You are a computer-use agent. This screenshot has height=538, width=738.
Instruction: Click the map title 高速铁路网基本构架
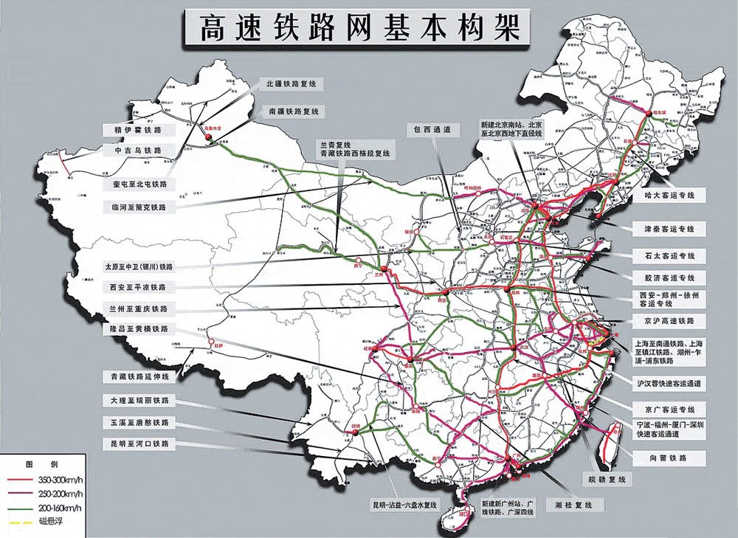(x=353, y=27)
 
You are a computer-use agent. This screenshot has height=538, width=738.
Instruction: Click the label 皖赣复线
(x=607, y=480)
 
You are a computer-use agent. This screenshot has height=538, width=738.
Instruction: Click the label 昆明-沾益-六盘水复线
(x=405, y=506)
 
